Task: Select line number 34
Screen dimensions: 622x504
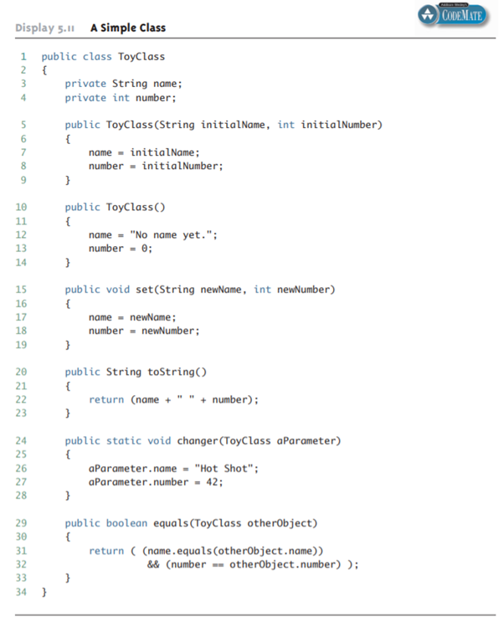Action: click(x=23, y=592)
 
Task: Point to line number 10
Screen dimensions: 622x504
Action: click(x=23, y=207)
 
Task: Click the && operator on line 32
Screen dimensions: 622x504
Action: click(x=153, y=564)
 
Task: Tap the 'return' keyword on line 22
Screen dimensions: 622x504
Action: click(x=106, y=400)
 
